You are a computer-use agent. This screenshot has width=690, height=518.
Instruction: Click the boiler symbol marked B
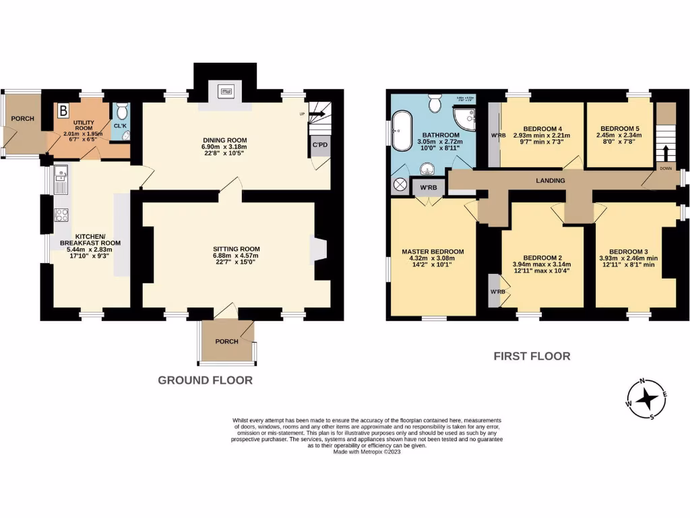pos(64,110)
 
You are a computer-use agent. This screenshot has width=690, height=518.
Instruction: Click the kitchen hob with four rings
pos(61,216)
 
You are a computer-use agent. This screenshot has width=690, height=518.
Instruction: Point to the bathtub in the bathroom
pos(404,129)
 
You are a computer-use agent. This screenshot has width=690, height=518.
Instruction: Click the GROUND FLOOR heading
pos(205,380)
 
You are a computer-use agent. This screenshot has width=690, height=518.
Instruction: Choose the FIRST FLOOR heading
pos(532,356)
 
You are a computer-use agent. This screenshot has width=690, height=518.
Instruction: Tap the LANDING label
pos(550,181)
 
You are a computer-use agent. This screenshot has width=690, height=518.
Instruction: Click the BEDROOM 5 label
pos(620,128)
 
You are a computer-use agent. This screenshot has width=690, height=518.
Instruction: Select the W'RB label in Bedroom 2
pos(498,291)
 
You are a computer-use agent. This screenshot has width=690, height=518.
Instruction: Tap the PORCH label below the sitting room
pos(226,341)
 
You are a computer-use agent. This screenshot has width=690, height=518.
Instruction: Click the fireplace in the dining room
pos(225,91)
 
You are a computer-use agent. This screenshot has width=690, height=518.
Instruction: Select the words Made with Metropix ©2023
pos(367,452)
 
